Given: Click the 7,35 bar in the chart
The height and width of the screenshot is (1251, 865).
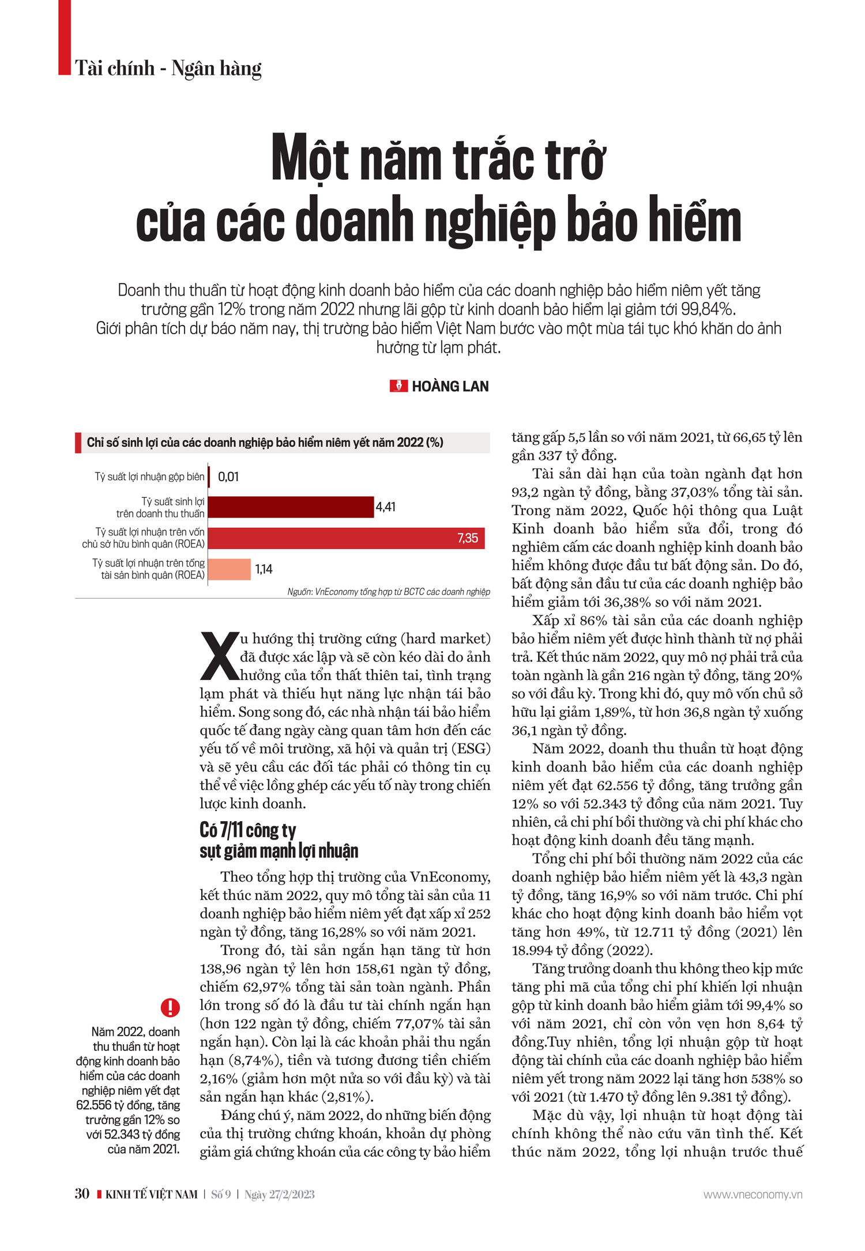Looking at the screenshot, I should coord(346,538).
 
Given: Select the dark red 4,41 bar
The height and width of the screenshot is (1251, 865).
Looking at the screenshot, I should coord(291,507).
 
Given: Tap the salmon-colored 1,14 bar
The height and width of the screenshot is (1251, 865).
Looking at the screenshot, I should coord(230,569).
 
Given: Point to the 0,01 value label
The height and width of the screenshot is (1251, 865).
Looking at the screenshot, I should coord(228,477).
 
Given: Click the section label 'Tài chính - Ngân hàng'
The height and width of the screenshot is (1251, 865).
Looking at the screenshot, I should coord(168,68).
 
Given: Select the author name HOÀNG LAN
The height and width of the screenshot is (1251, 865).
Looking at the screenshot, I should coord(450,386).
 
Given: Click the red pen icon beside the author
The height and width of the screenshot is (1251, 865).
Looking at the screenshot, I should coord(398,386).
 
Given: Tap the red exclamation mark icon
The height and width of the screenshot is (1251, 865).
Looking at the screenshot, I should coord(170,1007).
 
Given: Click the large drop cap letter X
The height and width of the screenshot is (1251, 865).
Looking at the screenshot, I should coord(219,656).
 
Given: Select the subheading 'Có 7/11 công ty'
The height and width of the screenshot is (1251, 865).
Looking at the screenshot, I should coord(248,830).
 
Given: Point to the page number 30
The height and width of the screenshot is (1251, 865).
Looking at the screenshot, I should coord(82,1193).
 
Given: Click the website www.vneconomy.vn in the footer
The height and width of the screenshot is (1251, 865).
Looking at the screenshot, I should coord(753,1195).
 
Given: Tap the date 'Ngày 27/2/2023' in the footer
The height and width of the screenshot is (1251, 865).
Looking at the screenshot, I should coord(280,1195).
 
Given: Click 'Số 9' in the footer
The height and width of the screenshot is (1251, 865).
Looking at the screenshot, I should coord(221,1195).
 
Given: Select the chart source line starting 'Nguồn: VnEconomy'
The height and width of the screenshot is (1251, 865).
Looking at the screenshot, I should coord(389,592).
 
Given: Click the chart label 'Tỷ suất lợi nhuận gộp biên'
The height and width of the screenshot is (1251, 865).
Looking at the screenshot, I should coord(149,477).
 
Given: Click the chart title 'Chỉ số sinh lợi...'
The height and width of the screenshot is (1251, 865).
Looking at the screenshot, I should coord(265,443).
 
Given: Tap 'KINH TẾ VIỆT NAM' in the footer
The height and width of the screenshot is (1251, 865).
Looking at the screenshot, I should coord(151,1195).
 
